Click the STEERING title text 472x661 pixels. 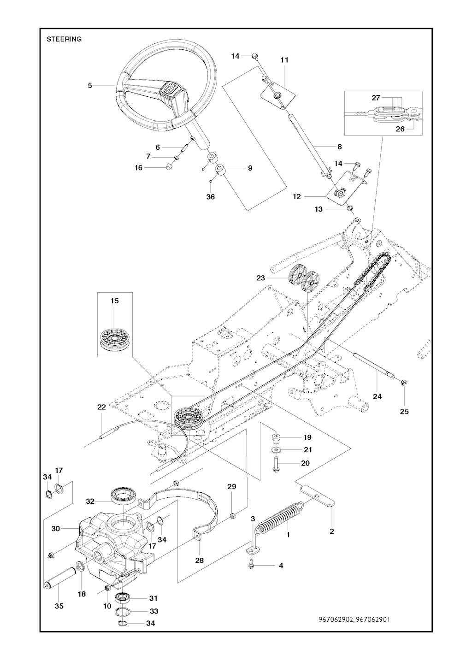(64, 39)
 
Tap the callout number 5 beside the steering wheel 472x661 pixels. (90, 85)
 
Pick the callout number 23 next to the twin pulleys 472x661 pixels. (261, 278)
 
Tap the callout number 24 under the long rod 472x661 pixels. (377, 396)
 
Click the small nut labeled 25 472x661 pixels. (403, 382)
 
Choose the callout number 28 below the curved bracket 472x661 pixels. (199, 561)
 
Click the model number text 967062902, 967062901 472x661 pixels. (354, 619)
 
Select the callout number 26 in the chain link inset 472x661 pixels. (400, 129)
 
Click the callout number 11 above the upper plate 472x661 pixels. (284, 60)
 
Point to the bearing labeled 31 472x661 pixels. (124, 598)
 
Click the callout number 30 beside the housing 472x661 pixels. (56, 529)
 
